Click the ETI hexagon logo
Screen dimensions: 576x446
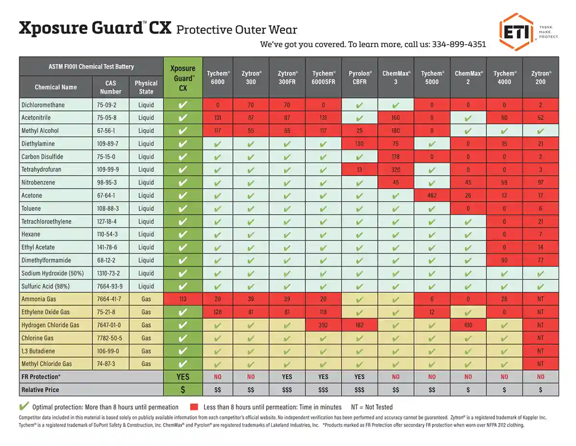pos(516,32)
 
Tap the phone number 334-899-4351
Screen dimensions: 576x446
pos(459,44)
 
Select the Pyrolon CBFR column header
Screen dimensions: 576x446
pos(359,77)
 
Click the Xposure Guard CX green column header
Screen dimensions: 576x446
pos(183,77)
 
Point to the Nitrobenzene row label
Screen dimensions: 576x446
pos(38,182)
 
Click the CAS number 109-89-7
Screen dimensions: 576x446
pos(108,144)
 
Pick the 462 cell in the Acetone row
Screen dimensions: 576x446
pos(432,195)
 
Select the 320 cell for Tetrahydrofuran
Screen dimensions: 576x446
pos(396,169)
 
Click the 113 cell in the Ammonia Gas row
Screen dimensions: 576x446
pos(183,299)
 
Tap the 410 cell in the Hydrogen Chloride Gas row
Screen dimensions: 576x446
pos(468,325)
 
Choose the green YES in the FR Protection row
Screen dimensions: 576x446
pos(183,376)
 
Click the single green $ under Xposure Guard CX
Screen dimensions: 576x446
pos(183,389)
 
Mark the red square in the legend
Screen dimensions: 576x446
pos(194,407)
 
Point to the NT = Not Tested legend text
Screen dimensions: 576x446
pos(372,407)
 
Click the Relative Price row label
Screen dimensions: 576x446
pos(40,389)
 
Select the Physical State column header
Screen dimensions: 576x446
pos(146,87)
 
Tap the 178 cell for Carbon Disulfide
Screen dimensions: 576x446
pos(396,157)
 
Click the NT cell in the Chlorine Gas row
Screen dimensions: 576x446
pos(540,338)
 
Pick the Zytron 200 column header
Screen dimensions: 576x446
pos(540,77)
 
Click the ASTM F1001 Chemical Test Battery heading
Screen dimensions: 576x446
pos(91,67)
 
